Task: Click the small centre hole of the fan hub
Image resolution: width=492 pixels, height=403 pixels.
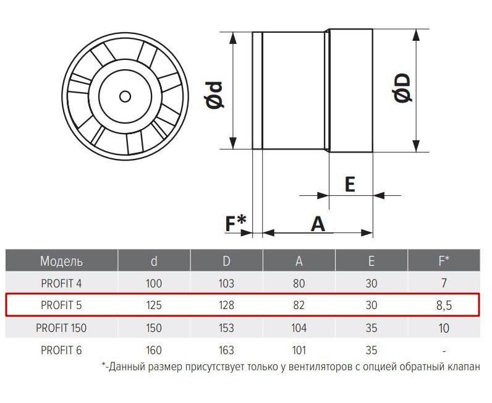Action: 125,96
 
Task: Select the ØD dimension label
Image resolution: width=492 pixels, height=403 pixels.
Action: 402,88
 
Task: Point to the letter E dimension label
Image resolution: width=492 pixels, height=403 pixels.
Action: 350,184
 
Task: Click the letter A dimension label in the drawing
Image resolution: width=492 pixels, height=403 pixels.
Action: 318,224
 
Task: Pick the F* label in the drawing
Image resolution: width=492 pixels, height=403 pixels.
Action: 236,223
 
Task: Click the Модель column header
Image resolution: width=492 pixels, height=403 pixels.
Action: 62,261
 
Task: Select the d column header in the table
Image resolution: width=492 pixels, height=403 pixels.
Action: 154,261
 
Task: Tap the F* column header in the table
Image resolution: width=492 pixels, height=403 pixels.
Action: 444,260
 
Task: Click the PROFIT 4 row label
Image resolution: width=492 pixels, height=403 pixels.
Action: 61,284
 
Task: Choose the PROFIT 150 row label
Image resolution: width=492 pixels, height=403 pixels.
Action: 61,328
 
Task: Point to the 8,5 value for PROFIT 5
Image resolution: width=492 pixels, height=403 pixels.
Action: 444,305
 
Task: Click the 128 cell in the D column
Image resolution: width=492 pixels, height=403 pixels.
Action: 226,305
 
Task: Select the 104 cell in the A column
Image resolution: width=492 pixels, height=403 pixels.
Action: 299,328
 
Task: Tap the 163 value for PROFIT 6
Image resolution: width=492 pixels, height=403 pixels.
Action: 226,350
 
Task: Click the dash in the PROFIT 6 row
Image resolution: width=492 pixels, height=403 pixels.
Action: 444,351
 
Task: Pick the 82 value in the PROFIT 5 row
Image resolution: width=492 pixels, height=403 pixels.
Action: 299,305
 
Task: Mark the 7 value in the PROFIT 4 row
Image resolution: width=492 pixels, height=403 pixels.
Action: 444,284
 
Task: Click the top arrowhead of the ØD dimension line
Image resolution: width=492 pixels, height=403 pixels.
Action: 416,35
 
